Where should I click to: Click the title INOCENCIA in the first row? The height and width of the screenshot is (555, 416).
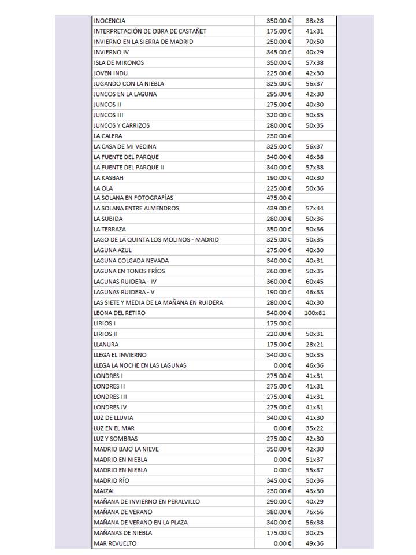pyautogui.click(x=109, y=21)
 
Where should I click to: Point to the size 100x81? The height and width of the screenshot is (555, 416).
pyautogui.click(x=314, y=313)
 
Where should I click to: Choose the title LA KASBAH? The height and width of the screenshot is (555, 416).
pyautogui.click(x=108, y=178)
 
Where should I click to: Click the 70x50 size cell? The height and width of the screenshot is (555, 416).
pyautogui.click(x=314, y=42)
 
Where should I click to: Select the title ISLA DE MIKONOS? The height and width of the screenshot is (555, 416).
pyautogui.click(x=118, y=62)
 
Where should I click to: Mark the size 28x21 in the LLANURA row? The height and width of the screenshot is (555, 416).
pyautogui.click(x=314, y=345)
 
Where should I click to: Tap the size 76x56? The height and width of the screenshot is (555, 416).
pyautogui.click(x=314, y=512)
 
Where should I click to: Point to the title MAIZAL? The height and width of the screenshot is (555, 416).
pyautogui.click(x=104, y=491)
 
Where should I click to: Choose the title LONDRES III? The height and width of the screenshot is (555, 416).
pyautogui.click(x=110, y=397)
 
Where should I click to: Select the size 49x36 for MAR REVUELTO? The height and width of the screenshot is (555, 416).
pyautogui.click(x=314, y=543)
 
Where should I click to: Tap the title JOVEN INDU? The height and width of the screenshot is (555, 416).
pyautogui.click(x=110, y=73)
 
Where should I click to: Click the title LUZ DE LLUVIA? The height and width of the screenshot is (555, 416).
pyautogui.click(x=113, y=417)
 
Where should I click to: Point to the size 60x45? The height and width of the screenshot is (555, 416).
pyautogui.click(x=314, y=282)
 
